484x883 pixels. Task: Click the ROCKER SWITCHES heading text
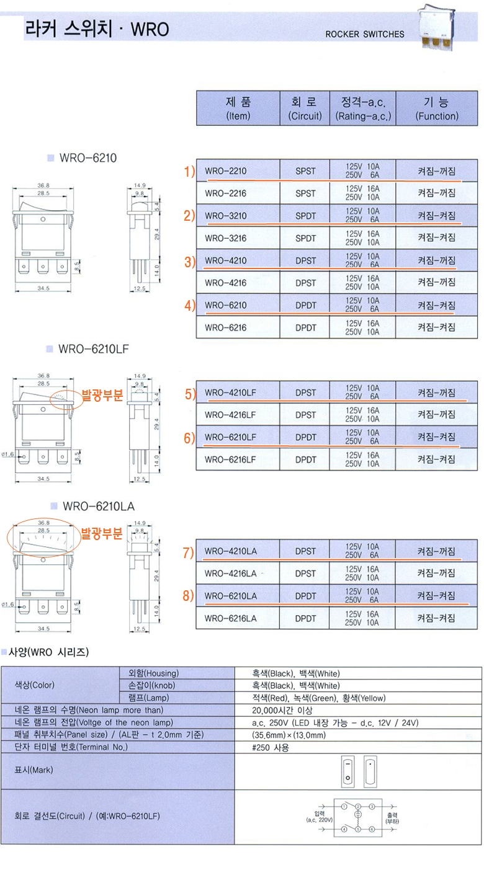(364, 34)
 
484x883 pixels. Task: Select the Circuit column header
(305, 109)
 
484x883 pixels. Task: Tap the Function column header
(437, 109)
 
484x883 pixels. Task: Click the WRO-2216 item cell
(225, 193)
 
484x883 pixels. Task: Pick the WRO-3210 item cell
(225, 216)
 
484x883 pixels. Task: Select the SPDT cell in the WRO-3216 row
(305, 238)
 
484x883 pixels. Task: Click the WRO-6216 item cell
(225, 327)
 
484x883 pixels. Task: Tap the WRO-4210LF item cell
(230, 393)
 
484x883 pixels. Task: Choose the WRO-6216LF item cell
(230, 459)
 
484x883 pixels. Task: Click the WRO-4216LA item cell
(230, 574)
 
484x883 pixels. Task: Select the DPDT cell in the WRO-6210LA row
(305, 596)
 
